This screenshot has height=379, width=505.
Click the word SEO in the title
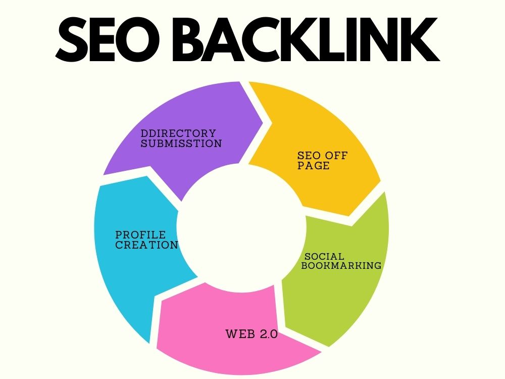pos(108,39)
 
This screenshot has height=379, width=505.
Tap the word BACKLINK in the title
pos(306,39)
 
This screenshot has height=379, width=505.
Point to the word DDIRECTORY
pos(178,133)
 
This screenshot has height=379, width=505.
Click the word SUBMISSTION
pos(181,144)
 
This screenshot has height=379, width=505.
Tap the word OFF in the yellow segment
pos(336,156)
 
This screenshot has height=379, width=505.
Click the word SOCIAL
pos(324,257)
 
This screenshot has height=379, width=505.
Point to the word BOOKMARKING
pos(341,266)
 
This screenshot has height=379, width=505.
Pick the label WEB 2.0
pos(251,334)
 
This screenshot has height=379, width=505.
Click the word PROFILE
pos(140,234)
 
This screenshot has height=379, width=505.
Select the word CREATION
pos(146,245)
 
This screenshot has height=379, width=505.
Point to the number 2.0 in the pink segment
pos(269,334)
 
